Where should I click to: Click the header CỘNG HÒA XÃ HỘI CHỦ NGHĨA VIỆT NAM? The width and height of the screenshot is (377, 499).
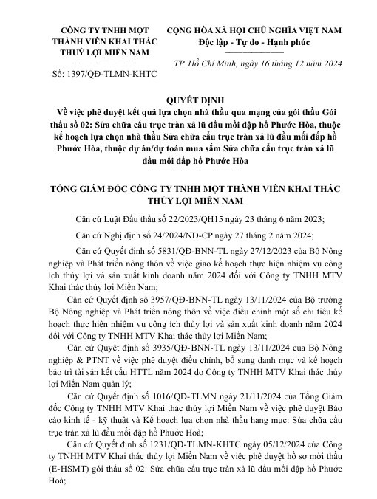(x=259, y=30)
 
